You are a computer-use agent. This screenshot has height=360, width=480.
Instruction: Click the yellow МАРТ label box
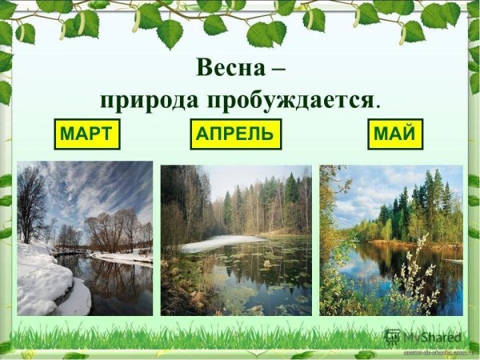point(86,134)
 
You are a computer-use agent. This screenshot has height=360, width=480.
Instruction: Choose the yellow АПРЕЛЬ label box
point(237,134)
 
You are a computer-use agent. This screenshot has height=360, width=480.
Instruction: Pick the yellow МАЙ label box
point(395,134)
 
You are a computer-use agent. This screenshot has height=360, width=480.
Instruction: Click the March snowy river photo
point(85,238)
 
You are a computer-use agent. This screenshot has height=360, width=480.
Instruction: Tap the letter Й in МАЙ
point(408,134)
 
